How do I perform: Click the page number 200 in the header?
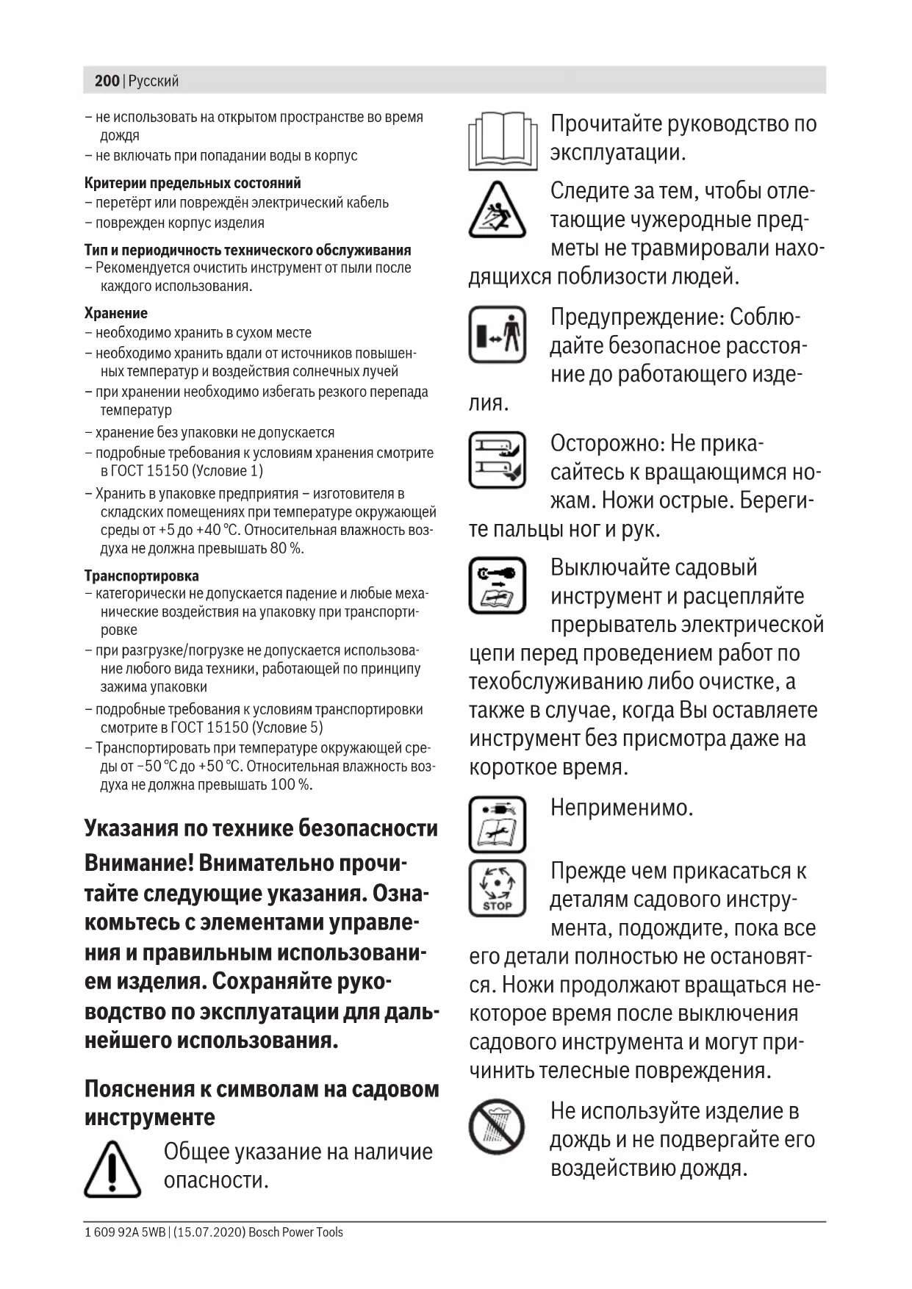tap(107, 81)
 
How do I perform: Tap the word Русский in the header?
tap(154, 81)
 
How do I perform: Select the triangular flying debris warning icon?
tap(498, 211)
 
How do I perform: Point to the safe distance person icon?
tap(498, 334)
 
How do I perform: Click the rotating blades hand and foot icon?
tap(498, 460)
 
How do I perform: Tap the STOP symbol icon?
tap(498, 888)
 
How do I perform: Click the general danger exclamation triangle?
tap(112, 1168)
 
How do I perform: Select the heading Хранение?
tap(116, 313)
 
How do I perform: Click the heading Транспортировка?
tap(142, 575)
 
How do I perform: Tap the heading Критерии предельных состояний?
tap(193, 183)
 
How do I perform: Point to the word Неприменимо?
tap(622, 808)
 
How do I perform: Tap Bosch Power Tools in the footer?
tap(295, 1232)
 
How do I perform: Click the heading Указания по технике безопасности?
tap(261, 828)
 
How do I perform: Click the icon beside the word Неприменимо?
tap(498, 825)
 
